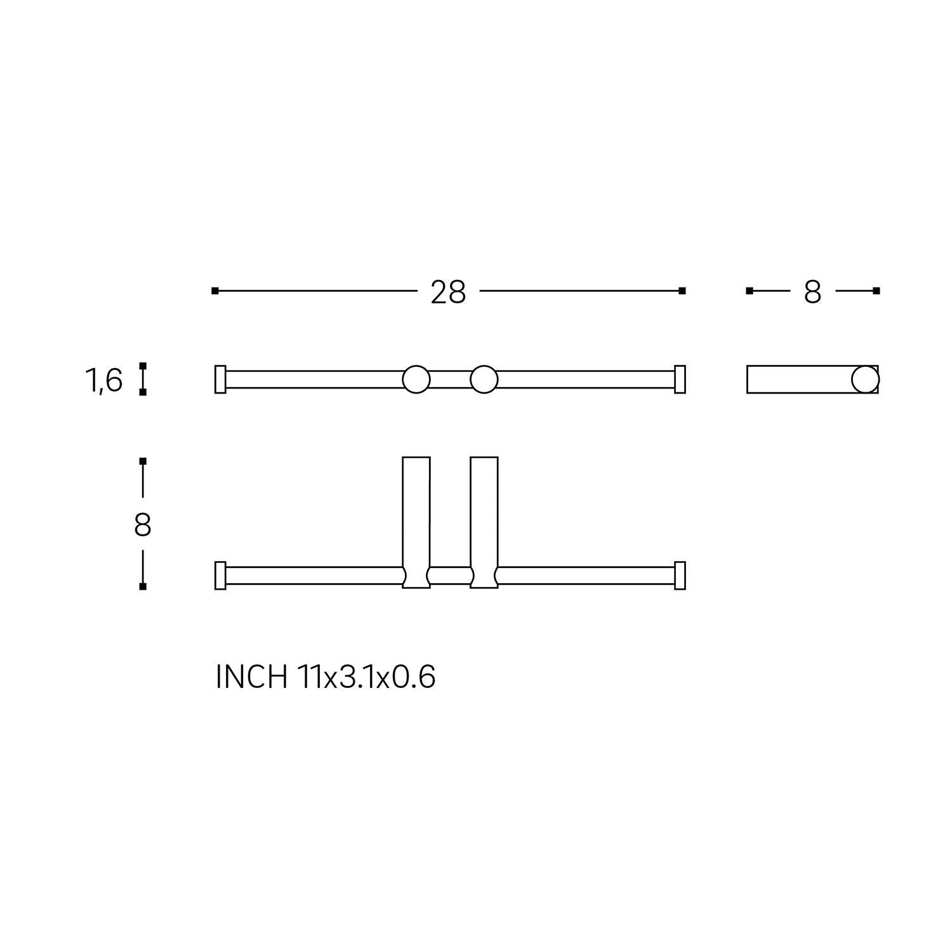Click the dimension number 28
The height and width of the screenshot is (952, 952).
point(448,293)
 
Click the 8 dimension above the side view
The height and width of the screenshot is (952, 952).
point(812,293)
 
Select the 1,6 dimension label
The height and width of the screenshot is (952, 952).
point(103,381)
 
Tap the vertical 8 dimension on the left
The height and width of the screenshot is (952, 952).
point(142,526)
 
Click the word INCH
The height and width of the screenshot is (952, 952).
point(251,677)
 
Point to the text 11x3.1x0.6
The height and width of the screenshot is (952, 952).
point(366,677)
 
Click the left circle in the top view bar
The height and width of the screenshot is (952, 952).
point(416,380)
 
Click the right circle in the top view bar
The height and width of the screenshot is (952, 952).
point(484,380)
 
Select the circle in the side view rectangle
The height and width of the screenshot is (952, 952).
point(865,380)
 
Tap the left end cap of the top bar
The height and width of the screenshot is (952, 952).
point(220,380)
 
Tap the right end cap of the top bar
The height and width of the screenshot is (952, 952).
point(680,380)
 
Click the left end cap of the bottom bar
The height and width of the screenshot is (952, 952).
point(220,576)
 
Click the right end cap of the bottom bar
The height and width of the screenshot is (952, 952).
point(680,576)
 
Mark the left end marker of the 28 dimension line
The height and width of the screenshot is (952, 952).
point(215,291)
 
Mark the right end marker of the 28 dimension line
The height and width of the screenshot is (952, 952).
point(682,291)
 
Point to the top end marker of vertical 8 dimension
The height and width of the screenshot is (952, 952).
point(143,460)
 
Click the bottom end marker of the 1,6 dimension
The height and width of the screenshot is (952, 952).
point(143,392)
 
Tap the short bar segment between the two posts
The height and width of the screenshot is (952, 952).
point(450,576)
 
